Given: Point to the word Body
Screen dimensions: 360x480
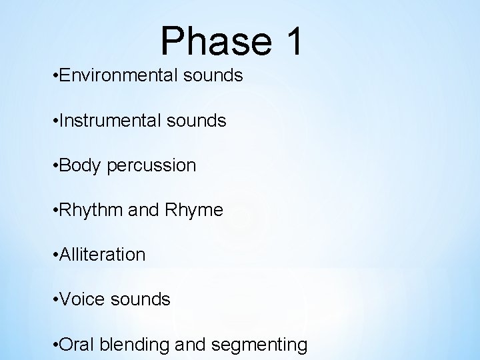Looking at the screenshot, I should click(x=79, y=165).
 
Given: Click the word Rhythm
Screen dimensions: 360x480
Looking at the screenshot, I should click(x=89, y=211).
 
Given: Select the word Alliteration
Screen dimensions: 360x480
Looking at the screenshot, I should click(x=101, y=255).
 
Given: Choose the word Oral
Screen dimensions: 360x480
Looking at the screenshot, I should click(x=77, y=345).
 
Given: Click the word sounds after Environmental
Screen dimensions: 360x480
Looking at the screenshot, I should click(x=214, y=75).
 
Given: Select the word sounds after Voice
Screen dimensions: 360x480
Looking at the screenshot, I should click(x=141, y=300).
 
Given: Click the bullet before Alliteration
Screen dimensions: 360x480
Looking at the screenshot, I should click(x=54, y=255).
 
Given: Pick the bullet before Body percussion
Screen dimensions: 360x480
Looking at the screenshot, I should click(x=54, y=166).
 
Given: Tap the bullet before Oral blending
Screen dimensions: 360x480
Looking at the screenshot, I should click(x=54, y=345).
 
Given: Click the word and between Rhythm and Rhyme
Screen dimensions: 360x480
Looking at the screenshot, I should click(x=141, y=211).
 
